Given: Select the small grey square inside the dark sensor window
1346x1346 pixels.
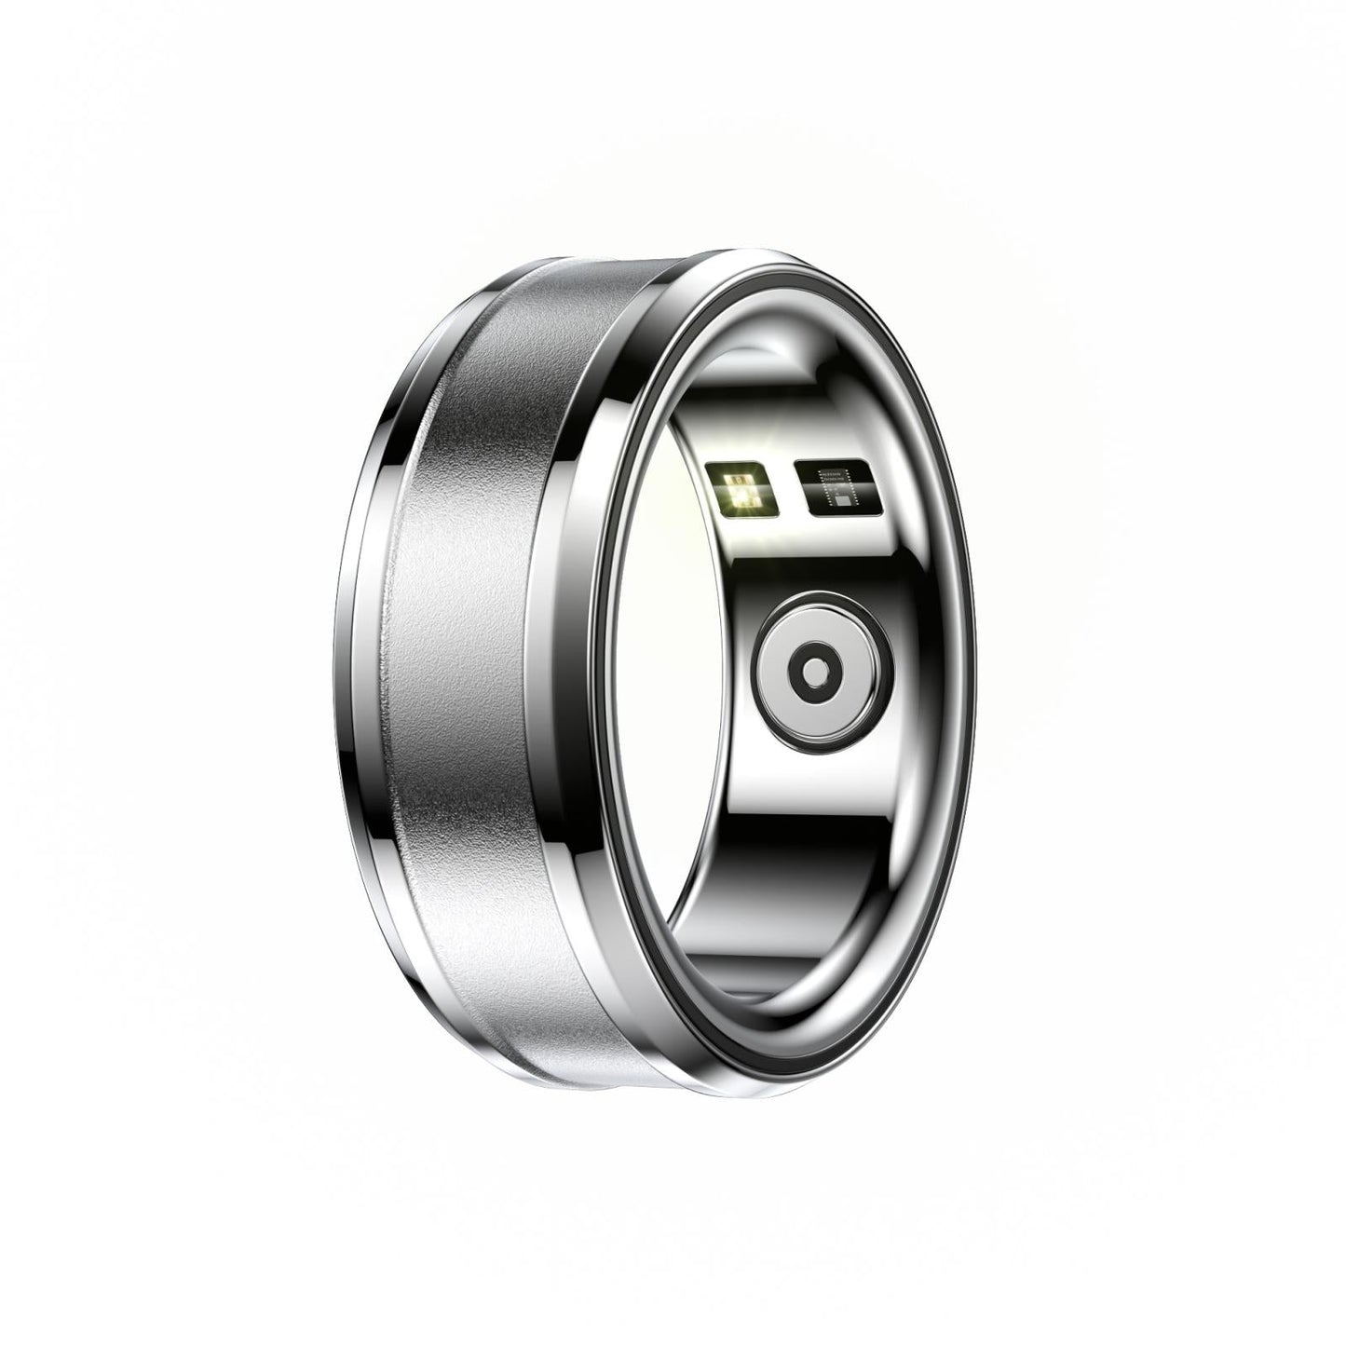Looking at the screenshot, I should pyautogui.click(x=842, y=499).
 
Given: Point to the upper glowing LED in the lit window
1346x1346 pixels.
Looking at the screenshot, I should pyautogui.click(x=741, y=482).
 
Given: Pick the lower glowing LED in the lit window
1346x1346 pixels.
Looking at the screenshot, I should pyautogui.click(x=741, y=500).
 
